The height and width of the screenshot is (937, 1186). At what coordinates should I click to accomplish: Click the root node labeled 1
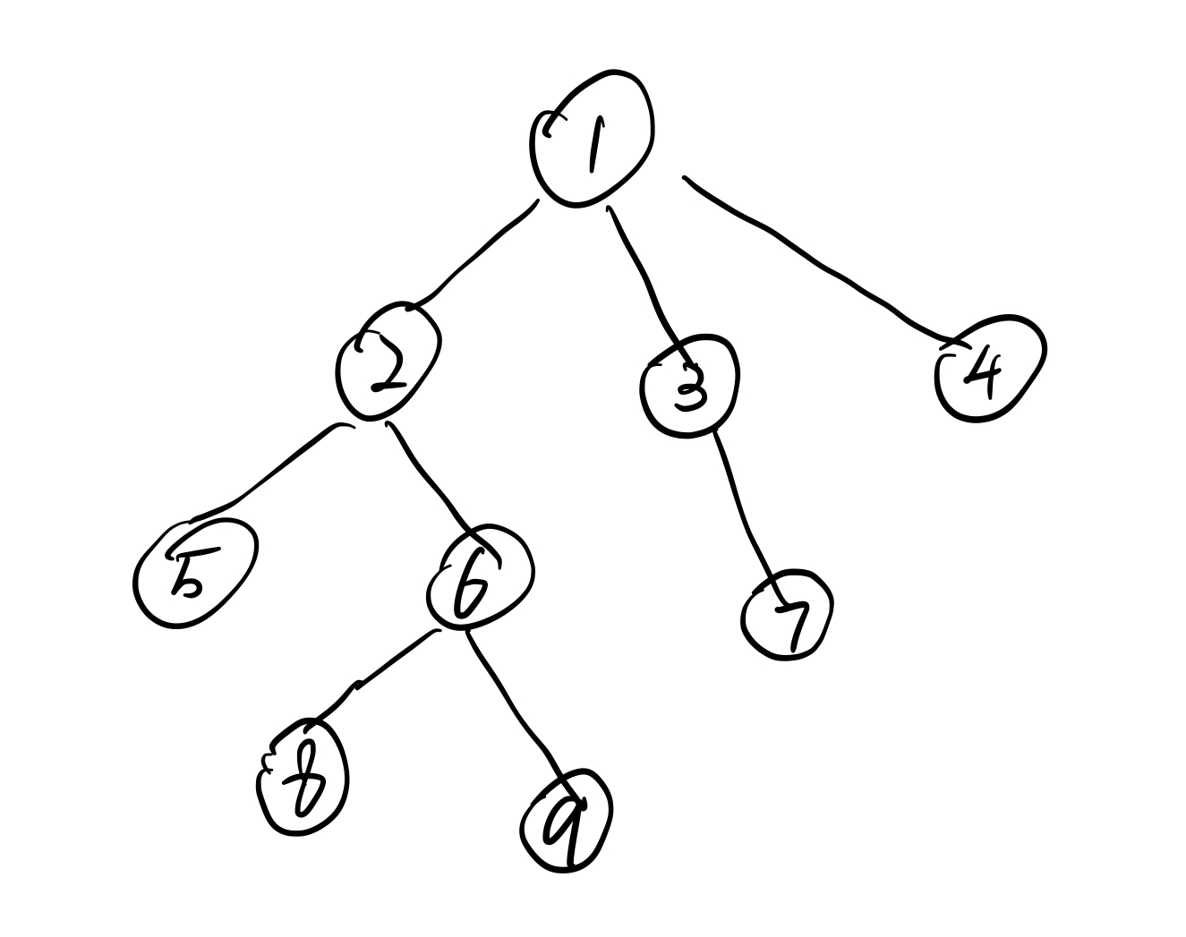pos(592,139)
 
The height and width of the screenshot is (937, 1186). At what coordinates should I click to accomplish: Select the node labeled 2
pos(388,364)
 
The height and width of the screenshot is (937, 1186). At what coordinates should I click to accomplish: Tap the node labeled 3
pos(689,386)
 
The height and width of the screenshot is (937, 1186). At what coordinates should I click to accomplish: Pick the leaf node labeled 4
pos(990,368)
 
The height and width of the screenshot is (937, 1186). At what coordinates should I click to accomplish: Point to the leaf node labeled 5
pos(192,571)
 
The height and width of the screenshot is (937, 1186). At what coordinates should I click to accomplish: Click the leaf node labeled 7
pos(788,615)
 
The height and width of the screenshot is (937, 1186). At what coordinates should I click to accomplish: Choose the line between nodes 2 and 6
pos(430,479)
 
